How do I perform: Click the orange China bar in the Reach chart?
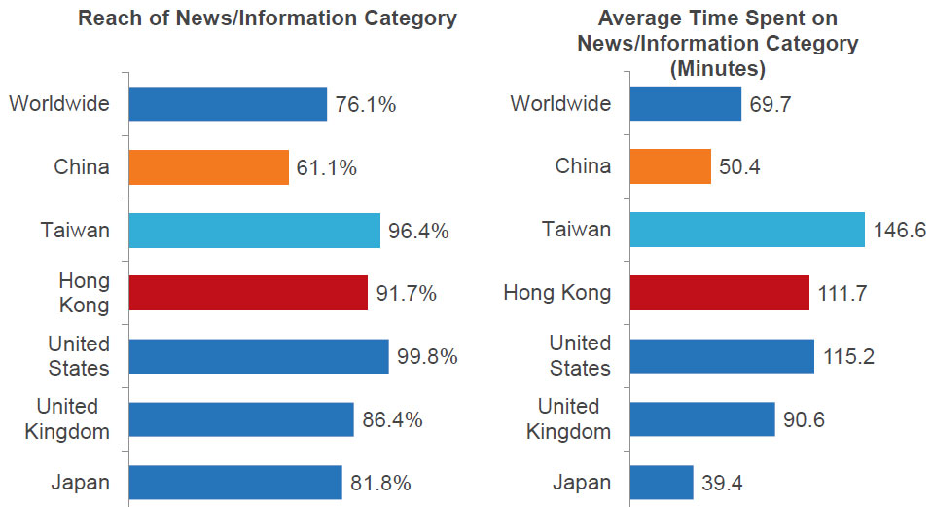coord(209,167)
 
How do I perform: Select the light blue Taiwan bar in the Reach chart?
coord(254,231)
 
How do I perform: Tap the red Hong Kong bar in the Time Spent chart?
coord(719,293)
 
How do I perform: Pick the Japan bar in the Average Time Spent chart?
coord(662,482)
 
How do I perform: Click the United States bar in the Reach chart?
coord(259,356)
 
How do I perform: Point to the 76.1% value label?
coord(366,105)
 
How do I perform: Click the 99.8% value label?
coord(427,357)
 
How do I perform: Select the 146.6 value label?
coord(900,231)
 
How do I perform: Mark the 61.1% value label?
coord(327,168)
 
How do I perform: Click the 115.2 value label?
coord(848,357)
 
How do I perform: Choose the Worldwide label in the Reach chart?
coord(59,104)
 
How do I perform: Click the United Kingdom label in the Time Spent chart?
coord(569,418)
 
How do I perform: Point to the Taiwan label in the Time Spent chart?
coord(577,230)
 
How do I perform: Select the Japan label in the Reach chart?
coord(82,482)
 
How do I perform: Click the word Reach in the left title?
coord(107,18)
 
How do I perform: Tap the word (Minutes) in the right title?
coord(718,69)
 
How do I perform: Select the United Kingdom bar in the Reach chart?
coord(241,419)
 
